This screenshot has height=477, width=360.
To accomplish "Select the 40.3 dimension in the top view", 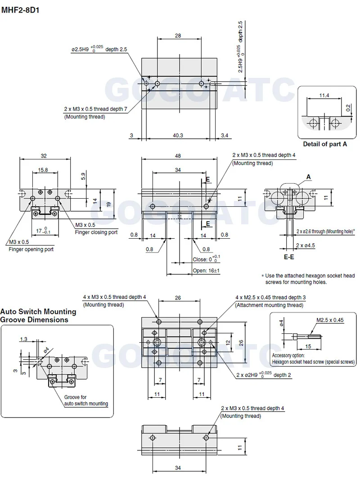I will (179, 135).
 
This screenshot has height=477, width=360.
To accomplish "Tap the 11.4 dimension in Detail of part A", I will (324, 95).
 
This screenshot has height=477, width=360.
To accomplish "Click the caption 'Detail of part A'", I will (325, 144).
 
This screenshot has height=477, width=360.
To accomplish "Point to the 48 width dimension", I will (179, 156).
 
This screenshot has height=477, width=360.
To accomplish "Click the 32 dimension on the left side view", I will (44, 156).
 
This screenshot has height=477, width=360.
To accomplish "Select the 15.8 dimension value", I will (44, 170).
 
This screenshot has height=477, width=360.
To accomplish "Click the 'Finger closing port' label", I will (96, 232).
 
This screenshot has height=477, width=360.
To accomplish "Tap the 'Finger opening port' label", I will (31, 249).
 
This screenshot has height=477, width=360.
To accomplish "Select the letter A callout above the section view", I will (309, 177).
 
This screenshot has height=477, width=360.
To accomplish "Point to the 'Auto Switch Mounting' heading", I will (38, 311).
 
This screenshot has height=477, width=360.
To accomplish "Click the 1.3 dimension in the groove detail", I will (24, 339).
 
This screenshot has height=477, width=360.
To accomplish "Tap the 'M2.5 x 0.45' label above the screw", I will (329, 320).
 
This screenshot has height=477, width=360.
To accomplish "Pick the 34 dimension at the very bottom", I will (179, 468).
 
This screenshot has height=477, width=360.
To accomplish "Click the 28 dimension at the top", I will (179, 35).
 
